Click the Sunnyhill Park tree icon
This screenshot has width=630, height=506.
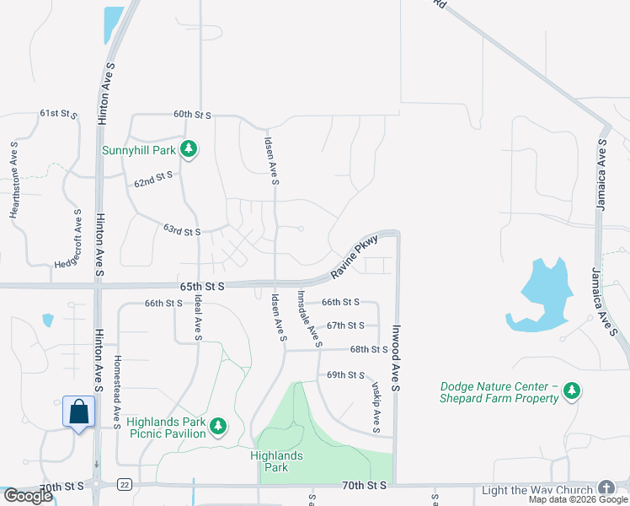[190, 150]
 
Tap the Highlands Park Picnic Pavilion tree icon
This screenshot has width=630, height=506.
[218, 427]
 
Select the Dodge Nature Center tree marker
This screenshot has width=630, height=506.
[573, 390]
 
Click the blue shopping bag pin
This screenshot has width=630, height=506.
[78, 412]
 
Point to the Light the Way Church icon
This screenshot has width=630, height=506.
[606, 489]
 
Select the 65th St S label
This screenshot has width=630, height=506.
[201, 287]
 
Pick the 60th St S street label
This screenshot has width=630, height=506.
[192, 114]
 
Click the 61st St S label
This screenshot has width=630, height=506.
[58, 113]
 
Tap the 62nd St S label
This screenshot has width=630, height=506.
[153, 179]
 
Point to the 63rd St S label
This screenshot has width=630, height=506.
[182, 230]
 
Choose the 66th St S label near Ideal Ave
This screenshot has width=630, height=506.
[163, 303]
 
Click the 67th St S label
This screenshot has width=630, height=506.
[345, 325]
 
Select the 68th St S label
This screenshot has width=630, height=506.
[369, 349]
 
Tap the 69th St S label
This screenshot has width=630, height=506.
[345, 374]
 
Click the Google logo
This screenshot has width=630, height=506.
[28, 496]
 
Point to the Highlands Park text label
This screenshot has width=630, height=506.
[276, 461]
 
